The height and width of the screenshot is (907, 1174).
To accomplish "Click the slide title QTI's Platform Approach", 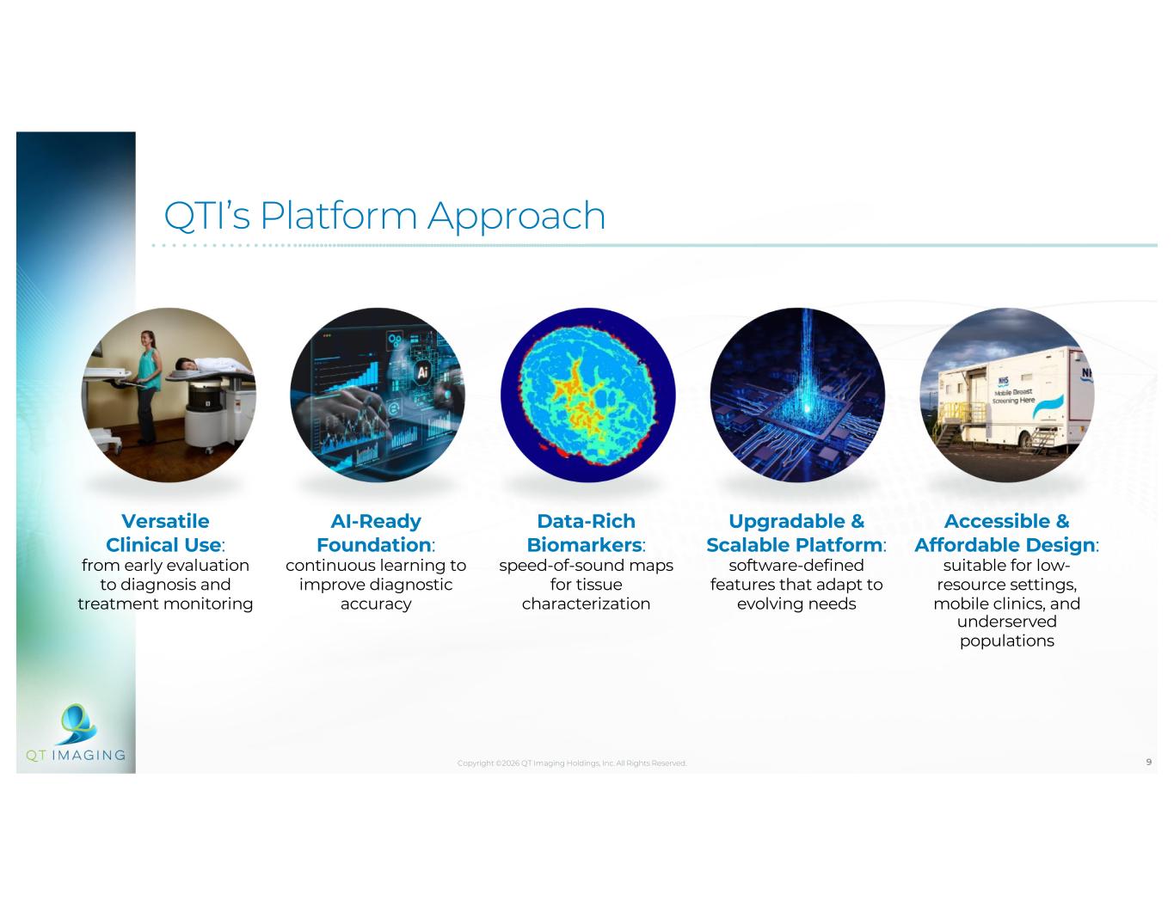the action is (384, 216).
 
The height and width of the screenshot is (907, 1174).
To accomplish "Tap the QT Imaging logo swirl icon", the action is (77, 723).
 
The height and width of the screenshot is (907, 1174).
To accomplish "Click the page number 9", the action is (1148, 762).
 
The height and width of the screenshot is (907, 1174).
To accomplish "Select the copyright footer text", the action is (572, 763).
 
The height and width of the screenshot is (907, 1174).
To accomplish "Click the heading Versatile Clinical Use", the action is (165, 533).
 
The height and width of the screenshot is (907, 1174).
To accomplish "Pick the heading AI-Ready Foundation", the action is (376, 533).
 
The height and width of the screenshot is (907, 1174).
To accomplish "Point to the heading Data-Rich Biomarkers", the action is (587, 533).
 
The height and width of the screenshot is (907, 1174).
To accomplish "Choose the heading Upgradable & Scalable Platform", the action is (796, 533).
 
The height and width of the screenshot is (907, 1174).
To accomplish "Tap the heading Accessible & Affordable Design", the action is (1006, 533).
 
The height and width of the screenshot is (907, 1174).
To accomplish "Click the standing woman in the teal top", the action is (147, 387).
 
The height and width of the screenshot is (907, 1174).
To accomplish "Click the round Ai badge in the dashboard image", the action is (422, 372).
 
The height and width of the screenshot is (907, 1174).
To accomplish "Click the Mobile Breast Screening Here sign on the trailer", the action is (1013, 395).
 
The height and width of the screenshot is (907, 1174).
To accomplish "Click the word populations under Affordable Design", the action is (1006, 640).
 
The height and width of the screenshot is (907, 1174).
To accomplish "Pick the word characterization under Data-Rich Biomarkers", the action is (587, 604).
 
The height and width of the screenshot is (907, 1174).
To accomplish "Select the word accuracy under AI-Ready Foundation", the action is (376, 604).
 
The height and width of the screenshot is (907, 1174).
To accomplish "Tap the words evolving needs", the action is (796, 604).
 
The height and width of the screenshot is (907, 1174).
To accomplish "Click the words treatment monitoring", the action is (165, 604).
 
